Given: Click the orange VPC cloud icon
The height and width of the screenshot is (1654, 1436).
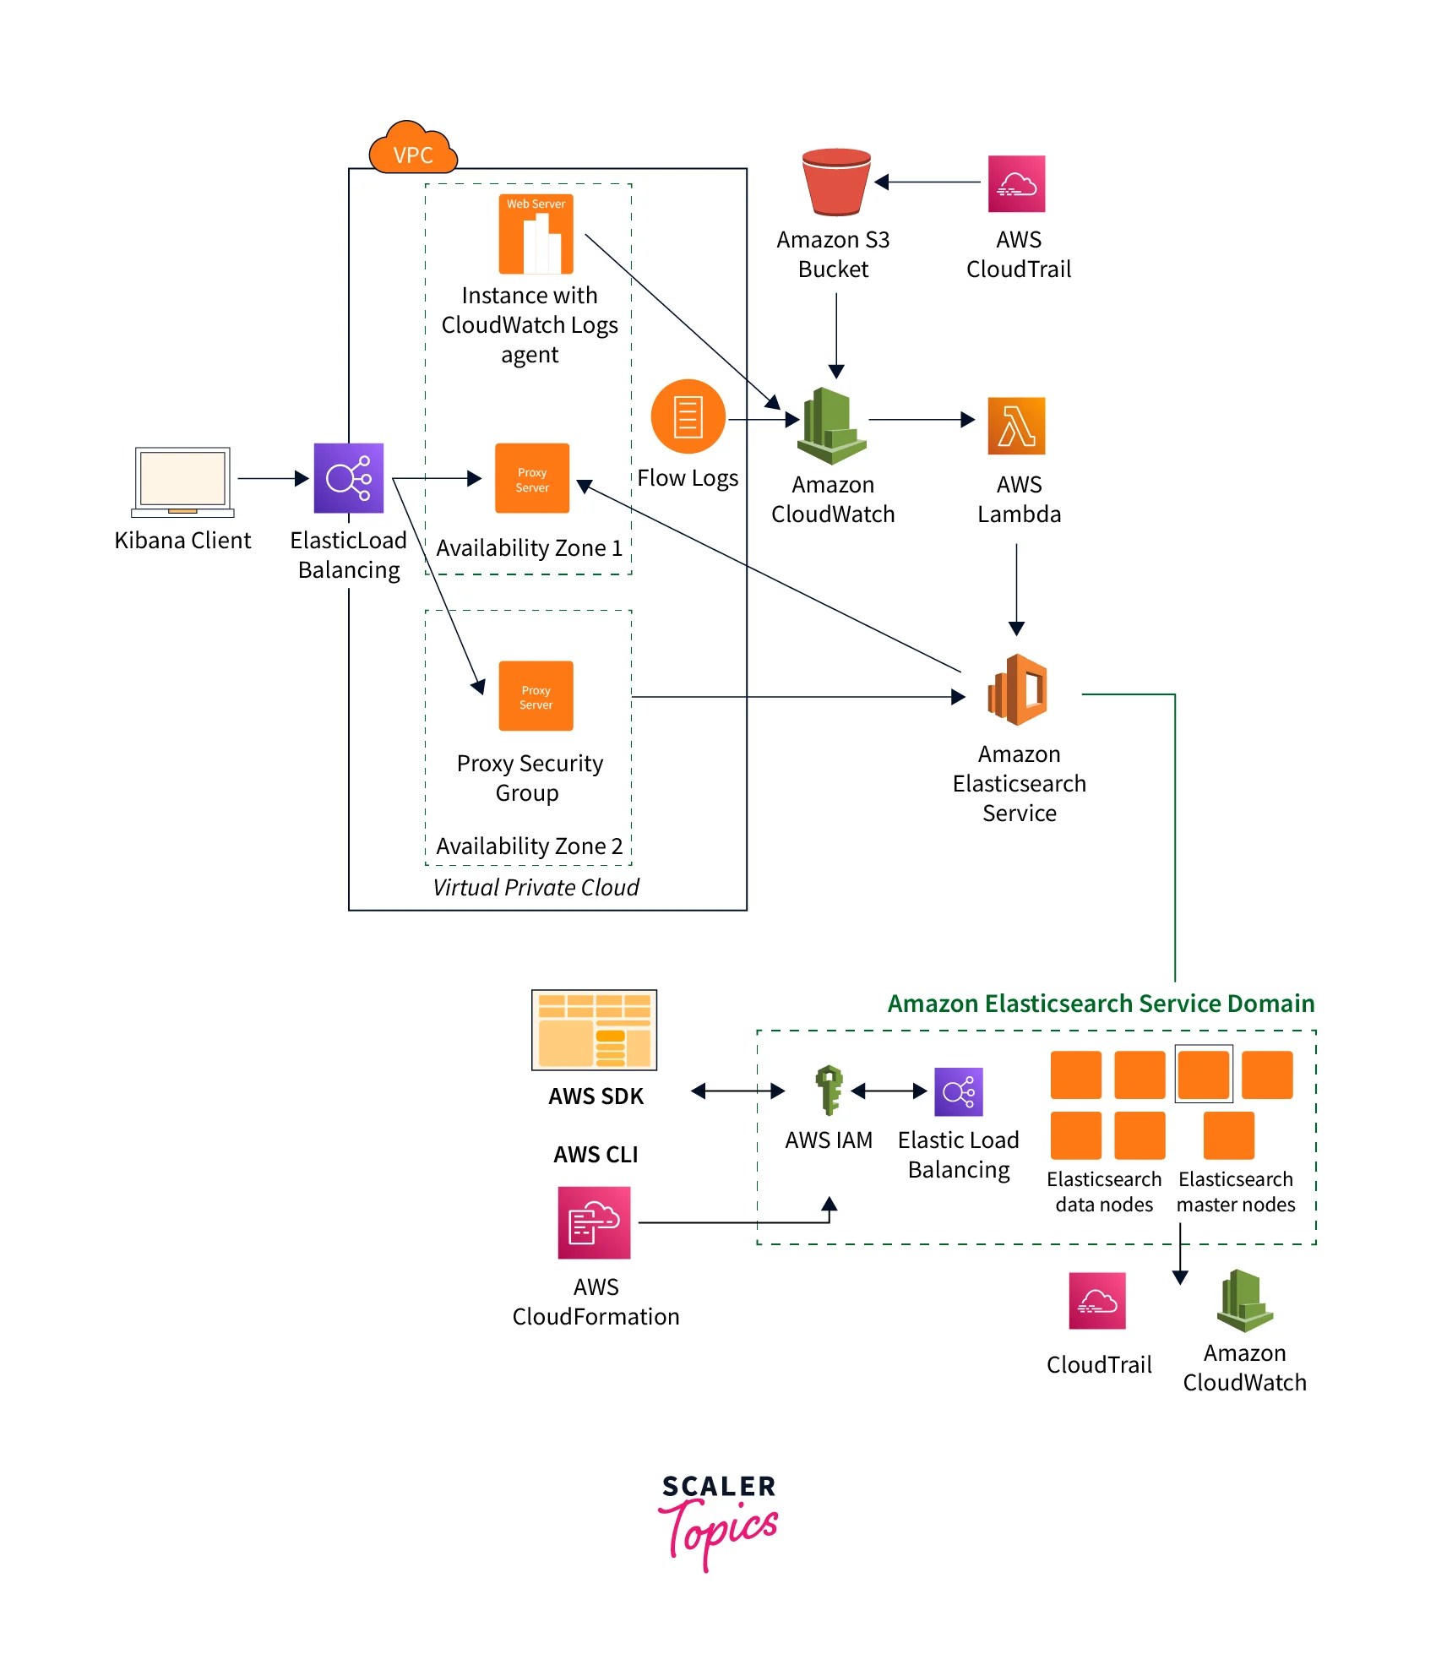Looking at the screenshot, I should pos(413,149).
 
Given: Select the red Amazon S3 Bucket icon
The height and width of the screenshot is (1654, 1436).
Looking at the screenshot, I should pos(835,182).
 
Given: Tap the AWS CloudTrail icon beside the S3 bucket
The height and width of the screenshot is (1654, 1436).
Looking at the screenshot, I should pos(1016,183).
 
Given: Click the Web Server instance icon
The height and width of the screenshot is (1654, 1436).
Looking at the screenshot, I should pos(536,234).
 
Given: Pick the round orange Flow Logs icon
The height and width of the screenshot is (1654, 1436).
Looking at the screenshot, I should pos(688,416).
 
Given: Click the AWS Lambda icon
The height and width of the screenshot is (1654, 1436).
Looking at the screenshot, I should pos(1016,426).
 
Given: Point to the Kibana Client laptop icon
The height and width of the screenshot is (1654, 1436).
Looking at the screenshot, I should pos(182,482).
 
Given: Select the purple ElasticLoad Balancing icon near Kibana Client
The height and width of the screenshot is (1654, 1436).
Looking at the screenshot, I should pos(348,478).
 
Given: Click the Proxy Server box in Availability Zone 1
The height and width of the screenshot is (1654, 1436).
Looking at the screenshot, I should pos(532,478).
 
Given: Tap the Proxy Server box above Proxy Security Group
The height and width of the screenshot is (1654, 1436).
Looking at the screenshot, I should pos(536,696).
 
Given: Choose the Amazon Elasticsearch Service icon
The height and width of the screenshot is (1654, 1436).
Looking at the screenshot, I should pos(1018,690).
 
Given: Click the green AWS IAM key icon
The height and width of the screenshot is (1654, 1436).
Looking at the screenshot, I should pos(830,1090).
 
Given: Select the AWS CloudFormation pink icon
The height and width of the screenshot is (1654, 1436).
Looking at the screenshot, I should pos(594,1222).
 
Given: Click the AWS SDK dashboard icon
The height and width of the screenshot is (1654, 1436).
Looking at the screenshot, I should pos(594,1030).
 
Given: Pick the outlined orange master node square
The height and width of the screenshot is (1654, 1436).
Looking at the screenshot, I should pos(1204,1074).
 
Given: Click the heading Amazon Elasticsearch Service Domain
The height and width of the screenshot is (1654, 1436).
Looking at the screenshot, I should pos(1101,1003).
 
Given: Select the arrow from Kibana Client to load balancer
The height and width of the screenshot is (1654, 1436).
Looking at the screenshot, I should pos(273,478).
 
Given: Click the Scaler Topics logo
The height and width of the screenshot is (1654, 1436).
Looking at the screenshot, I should pos(718,1521).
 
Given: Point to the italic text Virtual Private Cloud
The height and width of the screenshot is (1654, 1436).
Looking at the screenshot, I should pos(536,887).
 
